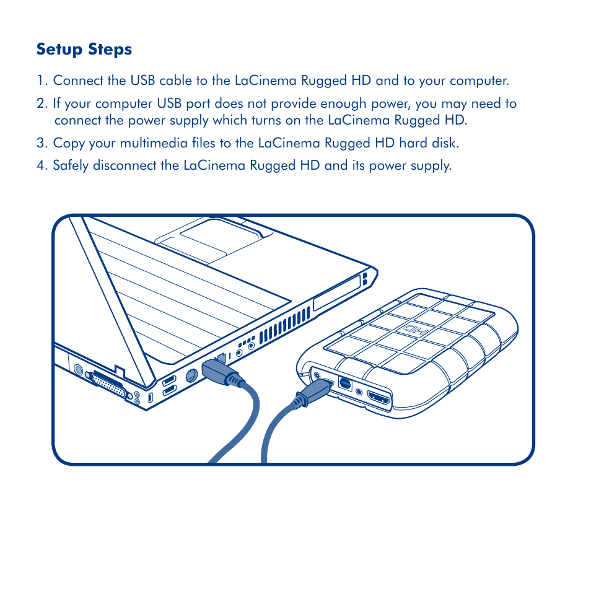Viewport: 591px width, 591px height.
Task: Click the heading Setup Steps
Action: point(84,49)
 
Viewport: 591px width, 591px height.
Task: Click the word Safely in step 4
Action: point(72,165)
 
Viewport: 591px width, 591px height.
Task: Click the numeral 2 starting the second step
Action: point(40,103)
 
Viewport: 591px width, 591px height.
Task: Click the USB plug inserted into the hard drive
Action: point(316,390)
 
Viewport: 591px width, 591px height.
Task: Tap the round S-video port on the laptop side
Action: point(191,376)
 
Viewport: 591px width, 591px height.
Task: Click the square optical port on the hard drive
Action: point(345,384)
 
